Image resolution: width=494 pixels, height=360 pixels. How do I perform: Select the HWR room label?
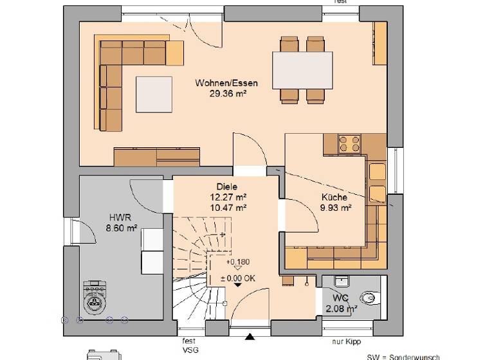click(x=120, y=217)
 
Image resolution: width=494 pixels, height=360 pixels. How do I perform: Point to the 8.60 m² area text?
click(x=122, y=228)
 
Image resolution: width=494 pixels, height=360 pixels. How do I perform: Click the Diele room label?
click(x=226, y=186)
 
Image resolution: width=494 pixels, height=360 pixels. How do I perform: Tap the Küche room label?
click(x=334, y=197)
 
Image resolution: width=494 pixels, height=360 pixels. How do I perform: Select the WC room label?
click(x=341, y=299)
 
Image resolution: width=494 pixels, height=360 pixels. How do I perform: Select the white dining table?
click(x=302, y=70)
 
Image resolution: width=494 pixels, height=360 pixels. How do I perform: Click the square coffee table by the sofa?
click(x=154, y=94)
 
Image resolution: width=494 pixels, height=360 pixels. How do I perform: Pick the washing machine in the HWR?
click(x=95, y=297)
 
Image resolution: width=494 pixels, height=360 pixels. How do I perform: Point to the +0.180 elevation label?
click(x=237, y=262)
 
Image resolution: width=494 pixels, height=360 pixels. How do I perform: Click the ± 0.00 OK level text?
click(x=238, y=277)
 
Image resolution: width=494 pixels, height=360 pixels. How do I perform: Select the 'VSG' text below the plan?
click(x=188, y=351)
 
